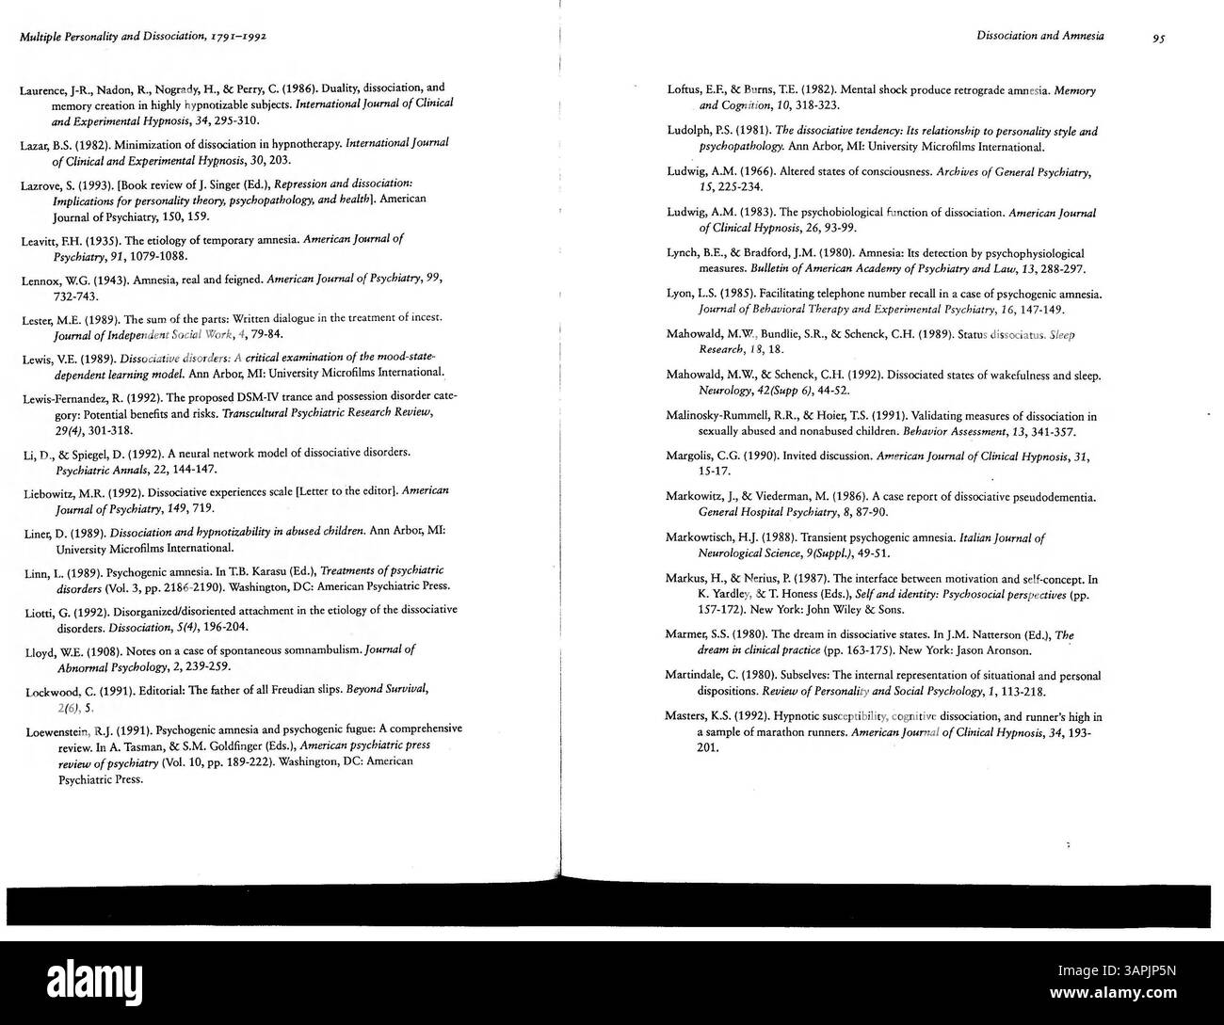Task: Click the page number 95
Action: pos(1158,38)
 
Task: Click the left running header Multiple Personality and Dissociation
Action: pos(141,37)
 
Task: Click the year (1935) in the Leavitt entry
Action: pos(96,240)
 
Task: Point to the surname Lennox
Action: pos(41,280)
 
